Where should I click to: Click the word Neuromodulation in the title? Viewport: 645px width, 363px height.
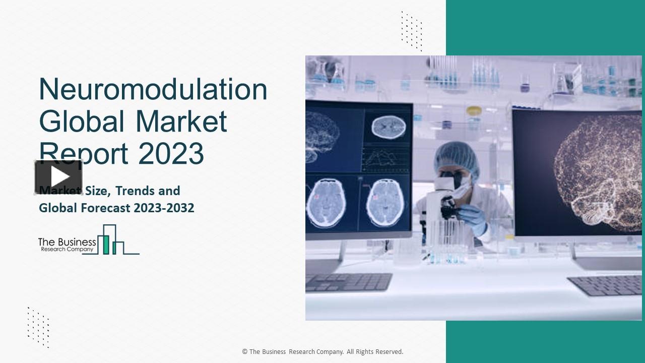(153, 90)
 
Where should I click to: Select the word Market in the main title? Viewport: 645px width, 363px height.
(181, 122)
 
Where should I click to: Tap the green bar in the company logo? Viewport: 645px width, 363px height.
(106, 244)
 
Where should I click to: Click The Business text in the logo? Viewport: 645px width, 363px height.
(67, 243)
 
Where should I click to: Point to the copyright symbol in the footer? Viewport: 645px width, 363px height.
(244, 352)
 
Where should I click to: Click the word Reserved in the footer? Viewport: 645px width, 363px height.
(388, 352)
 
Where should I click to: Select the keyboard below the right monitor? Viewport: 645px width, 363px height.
(605, 285)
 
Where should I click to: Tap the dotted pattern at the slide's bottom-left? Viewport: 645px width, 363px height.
(38, 327)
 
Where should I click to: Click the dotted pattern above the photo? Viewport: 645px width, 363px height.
(412, 30)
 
